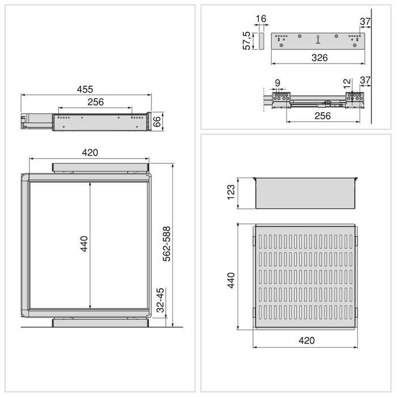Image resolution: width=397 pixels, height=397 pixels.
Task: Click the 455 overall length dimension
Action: (85, 89)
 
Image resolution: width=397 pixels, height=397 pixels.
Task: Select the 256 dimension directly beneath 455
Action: (95, 102)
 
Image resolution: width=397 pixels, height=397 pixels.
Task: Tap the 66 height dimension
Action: (158, 121)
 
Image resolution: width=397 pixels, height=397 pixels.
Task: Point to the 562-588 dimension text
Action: (167, 244)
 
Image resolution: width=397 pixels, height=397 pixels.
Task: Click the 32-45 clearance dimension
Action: (160, 301)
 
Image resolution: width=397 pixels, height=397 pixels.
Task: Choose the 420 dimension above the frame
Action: (90, 152)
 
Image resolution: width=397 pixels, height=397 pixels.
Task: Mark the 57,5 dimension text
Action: (247, 41)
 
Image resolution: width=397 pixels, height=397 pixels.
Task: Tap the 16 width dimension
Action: (261, 19)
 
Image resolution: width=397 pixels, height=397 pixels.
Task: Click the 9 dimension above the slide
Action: (277, 83)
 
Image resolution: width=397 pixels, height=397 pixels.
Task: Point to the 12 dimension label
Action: (347, 83)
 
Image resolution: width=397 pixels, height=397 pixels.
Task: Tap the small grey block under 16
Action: (261, 40)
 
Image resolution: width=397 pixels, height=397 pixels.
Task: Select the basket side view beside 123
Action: (305, 193)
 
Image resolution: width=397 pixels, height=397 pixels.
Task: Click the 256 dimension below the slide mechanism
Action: (322, 116)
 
